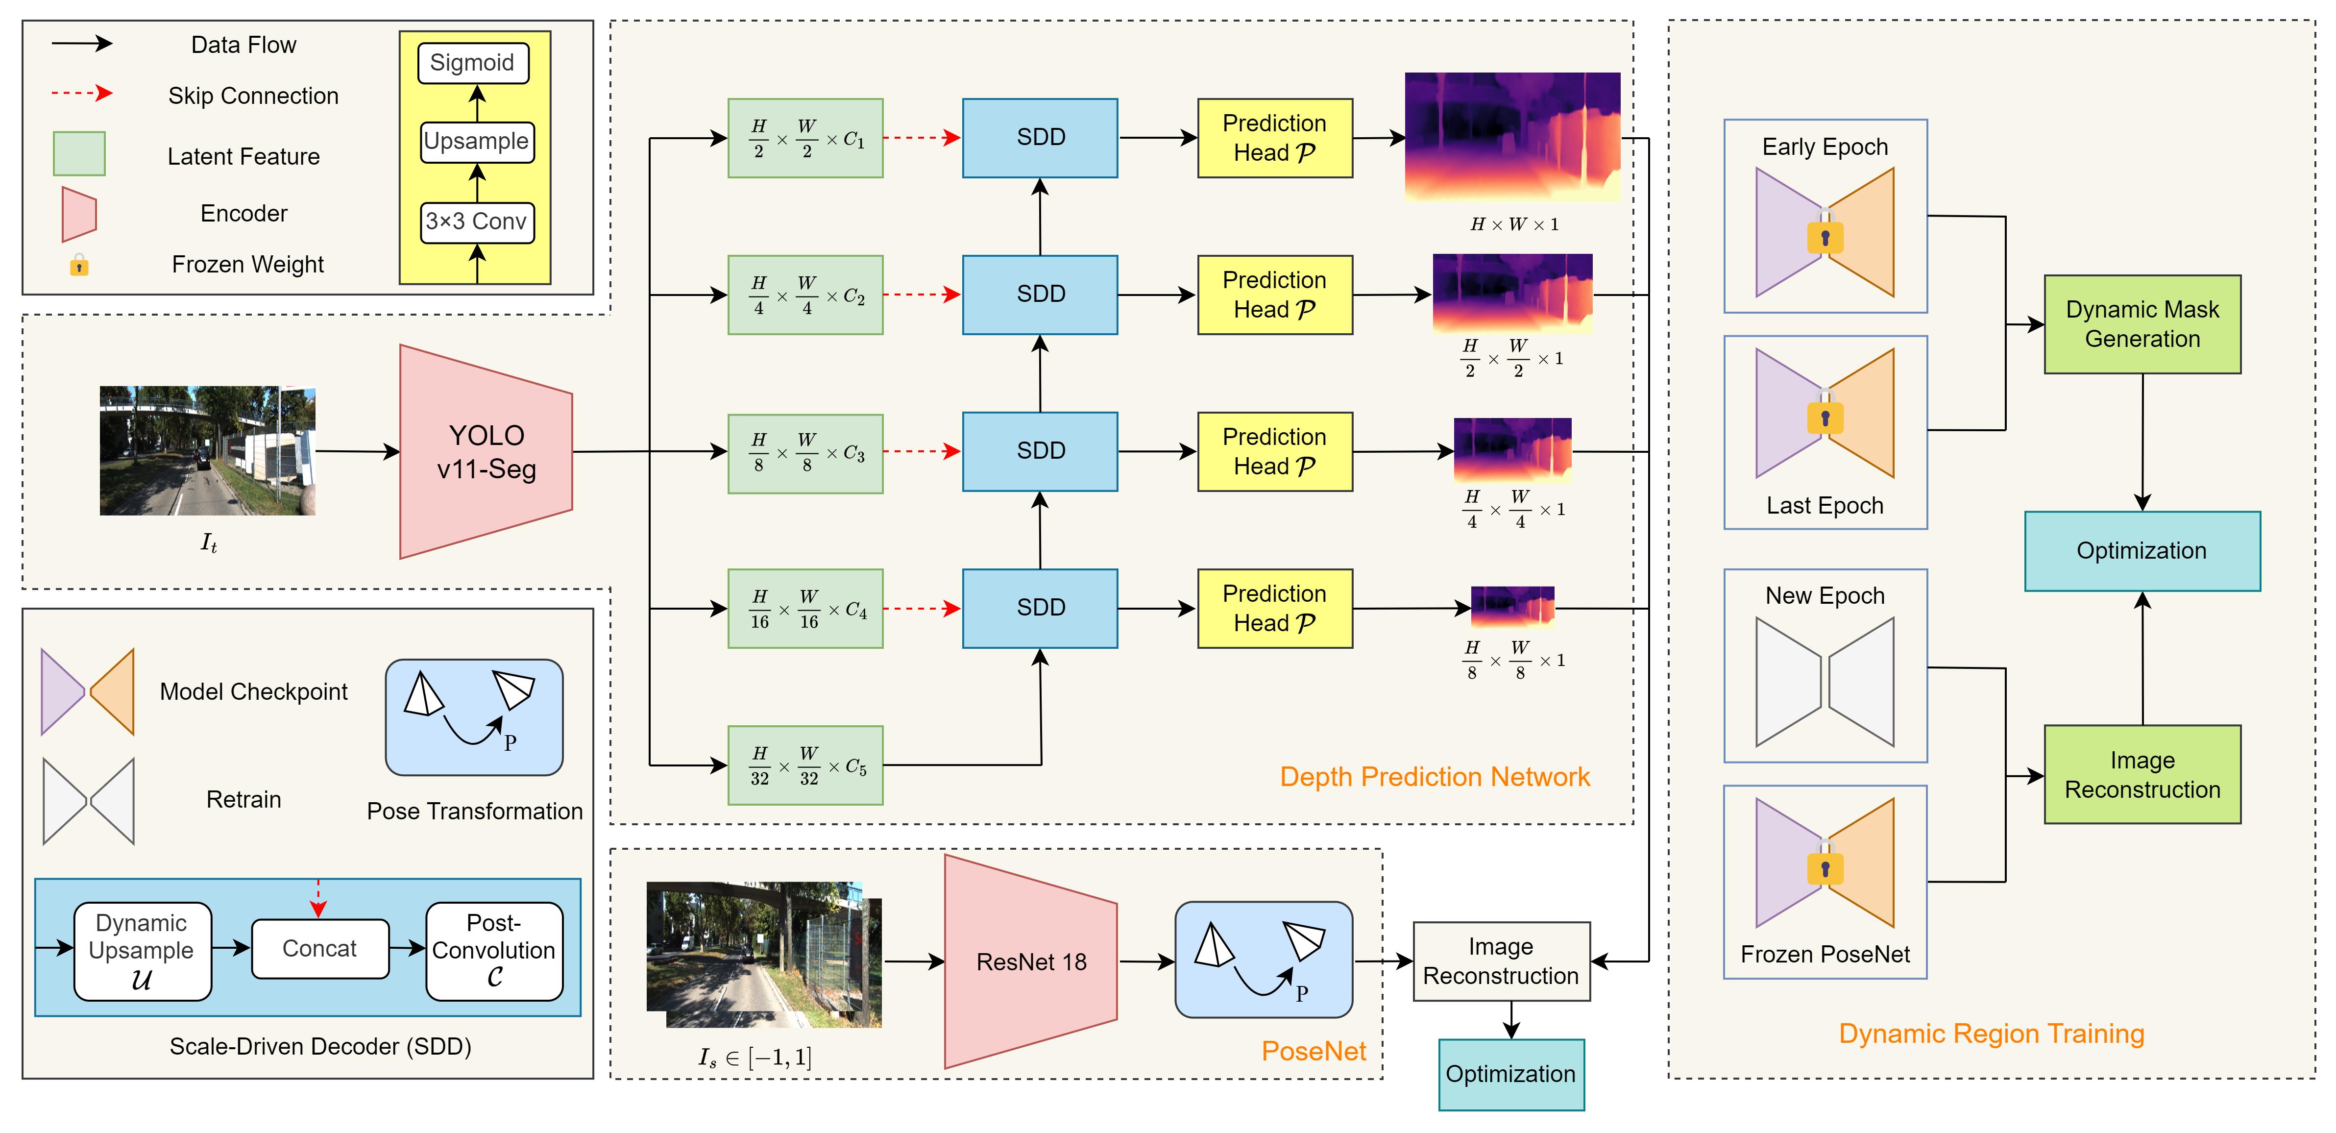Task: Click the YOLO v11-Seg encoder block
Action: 486,452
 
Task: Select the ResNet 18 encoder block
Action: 1031,961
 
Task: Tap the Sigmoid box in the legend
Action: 472,63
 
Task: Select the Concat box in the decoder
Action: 319,949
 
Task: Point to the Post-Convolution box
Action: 494,951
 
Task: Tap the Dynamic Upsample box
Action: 143,951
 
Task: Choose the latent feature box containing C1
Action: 805,138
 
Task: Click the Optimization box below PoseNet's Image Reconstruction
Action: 1511,1075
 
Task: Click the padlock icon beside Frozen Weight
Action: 80,265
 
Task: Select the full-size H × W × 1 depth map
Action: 1512,137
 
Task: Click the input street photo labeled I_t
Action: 208,451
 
